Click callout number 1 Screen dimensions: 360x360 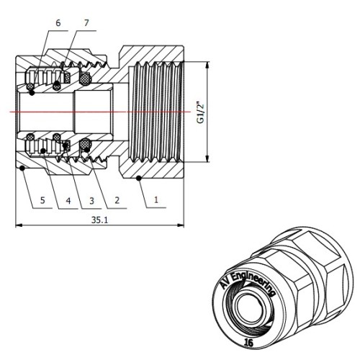[x=156, y=199]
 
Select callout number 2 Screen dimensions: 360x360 [x=117, y=200]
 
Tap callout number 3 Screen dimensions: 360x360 [x=91, y=201]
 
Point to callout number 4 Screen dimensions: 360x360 [x=68, y=201]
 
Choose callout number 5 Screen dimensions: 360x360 [x=42, y=200]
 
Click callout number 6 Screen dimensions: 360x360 [x=58, y=23]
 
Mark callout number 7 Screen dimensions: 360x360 [x=86, y=22]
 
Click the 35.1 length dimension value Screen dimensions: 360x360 [x=100, y=220]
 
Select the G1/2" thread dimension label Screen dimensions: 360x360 [x=200, y=112]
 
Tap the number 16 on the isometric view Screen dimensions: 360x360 [x=248, y=342]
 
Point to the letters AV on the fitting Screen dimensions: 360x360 [x=226, y=283]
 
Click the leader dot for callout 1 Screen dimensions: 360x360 [x=138, y=178]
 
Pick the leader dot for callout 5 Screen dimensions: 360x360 [x=22, y=168]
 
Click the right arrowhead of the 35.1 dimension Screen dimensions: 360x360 [x=181, y=225]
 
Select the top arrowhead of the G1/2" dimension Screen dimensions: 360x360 [x=207, y=65]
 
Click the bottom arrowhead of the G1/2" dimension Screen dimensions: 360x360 [x=207, y=158]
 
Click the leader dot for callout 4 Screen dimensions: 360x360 [x=43, y=150]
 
